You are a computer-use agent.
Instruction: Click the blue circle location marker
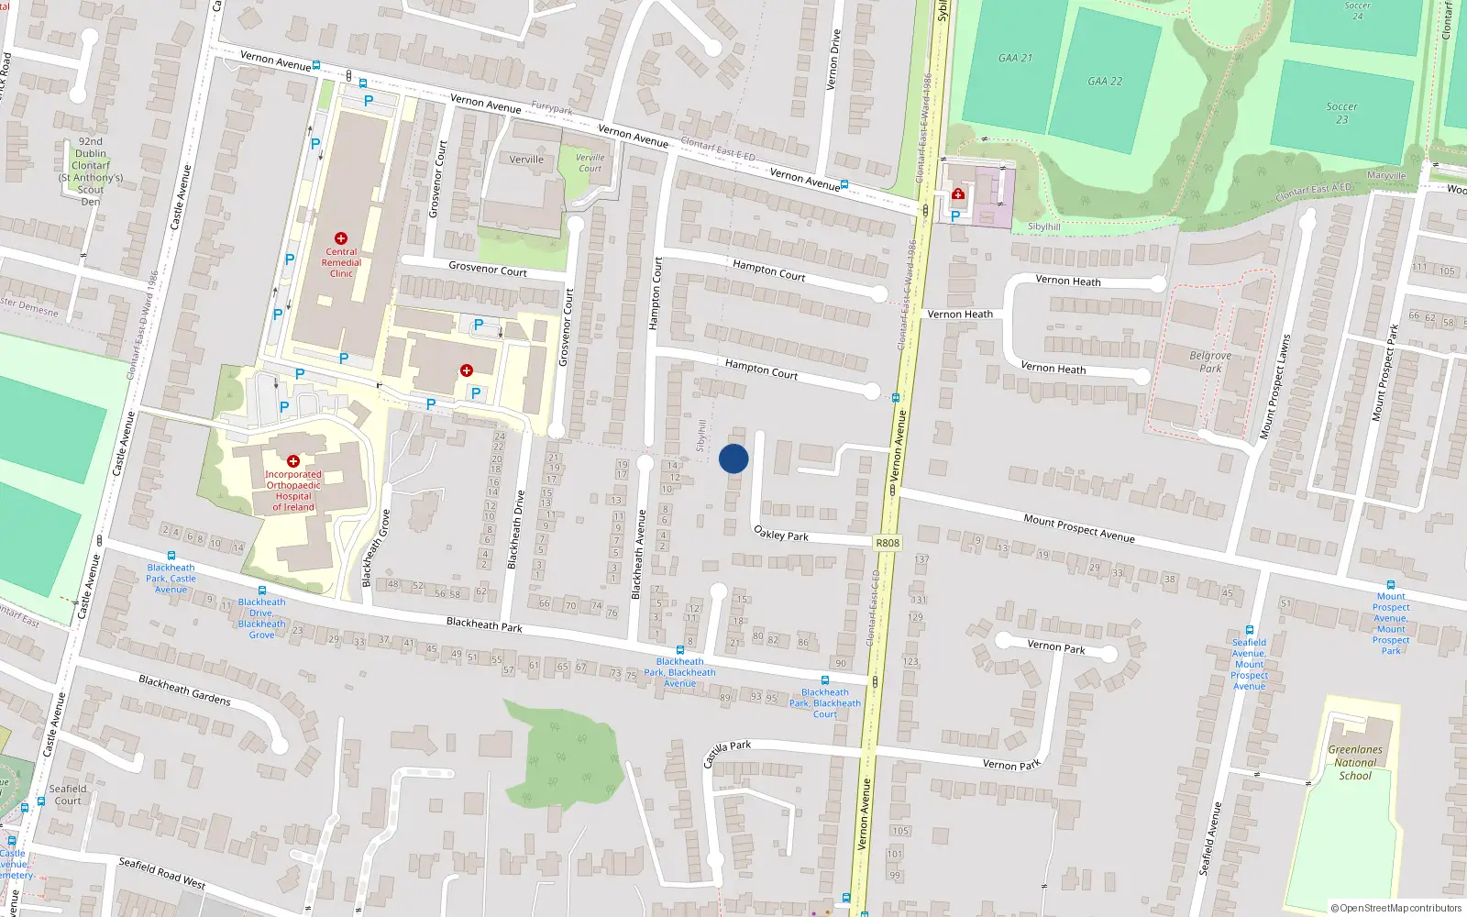point(733,458)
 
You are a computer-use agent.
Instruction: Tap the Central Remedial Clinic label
point(341,262)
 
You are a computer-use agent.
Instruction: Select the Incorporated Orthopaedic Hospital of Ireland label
point(293,491)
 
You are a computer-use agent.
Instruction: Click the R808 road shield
point(888,543)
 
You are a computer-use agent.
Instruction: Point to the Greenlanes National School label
point(1355,762)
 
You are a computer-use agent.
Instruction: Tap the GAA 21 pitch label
point(1015,58)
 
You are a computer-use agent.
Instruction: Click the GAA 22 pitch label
point(1105,81)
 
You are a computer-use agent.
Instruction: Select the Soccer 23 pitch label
point(1341,113)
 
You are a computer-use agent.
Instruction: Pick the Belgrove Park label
point(1210,361)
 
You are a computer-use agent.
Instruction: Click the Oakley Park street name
point(781,534)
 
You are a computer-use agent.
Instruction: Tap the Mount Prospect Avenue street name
point(1079,527)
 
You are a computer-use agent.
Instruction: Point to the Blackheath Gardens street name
point(184,690)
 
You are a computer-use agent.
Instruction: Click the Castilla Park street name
point(727,754)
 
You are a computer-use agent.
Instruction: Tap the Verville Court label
point(590,162)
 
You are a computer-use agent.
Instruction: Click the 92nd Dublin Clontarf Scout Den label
point(91,171)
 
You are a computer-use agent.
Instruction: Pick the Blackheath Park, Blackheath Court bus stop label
point(825,703)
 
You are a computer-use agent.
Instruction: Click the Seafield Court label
point(68,794)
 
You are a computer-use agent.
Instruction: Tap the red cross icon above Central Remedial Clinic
point(341,238)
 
